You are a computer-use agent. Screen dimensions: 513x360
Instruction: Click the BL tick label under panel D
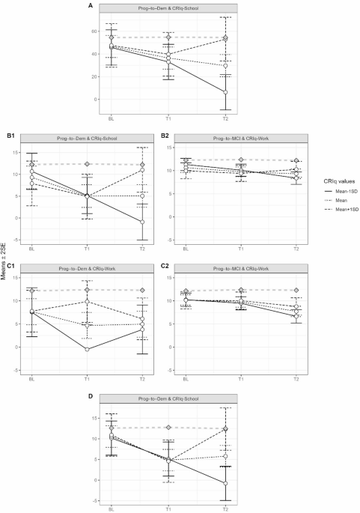point(112,508)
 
